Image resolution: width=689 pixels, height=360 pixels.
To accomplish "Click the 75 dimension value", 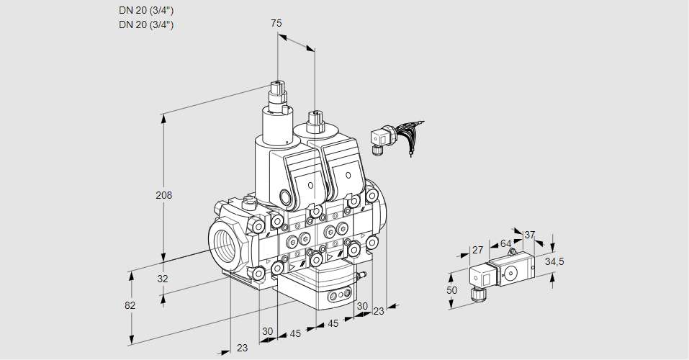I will pos(276,24).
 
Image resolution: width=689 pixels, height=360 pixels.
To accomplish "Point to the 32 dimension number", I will pos(163,279).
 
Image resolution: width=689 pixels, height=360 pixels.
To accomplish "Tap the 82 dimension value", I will pos(130,305).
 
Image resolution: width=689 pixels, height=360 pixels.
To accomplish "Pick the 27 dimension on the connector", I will pos(477,250).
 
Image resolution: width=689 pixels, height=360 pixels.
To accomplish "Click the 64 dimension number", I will pos(505,243).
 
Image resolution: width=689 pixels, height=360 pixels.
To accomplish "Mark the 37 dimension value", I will pos(530,235).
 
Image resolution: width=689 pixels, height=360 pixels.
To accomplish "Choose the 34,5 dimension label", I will pos(554,261).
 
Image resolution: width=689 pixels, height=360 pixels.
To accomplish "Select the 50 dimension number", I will pos(451,289).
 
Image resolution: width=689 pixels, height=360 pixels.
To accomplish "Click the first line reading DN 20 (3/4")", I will pos(146,10).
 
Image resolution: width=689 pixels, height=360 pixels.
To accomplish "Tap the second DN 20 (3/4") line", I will pos(146,24).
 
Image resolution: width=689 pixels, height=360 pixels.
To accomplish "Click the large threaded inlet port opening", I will pos(224,240).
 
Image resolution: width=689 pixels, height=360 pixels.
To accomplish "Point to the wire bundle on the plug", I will pos(407,134).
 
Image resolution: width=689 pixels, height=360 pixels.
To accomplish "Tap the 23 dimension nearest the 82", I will pos(242,348).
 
